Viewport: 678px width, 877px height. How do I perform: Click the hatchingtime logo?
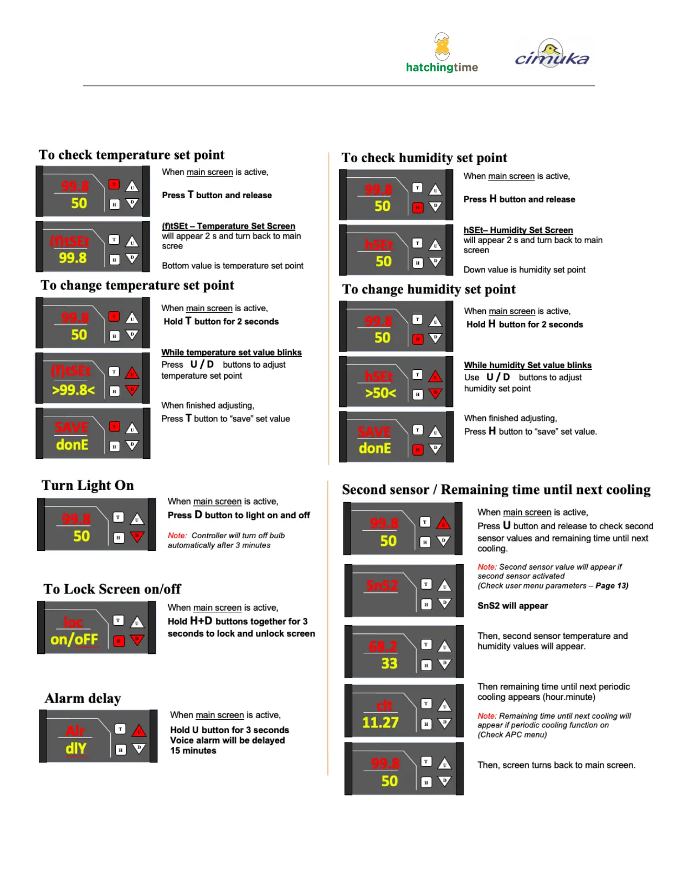pos(441,54)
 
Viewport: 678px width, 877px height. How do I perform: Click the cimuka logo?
pos(552,54)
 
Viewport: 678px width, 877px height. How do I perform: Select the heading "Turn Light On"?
pos(88,486)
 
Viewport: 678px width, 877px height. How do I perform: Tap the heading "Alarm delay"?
pos(83,699)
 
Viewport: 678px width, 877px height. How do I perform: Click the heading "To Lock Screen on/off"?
pos(112,589)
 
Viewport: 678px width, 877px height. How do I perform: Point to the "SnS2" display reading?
pos(382,586)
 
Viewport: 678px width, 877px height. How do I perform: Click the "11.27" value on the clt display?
pos(381,723)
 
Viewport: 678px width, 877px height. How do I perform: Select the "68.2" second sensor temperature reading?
pos(383,646)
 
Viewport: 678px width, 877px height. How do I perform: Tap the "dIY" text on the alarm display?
pos(76,749)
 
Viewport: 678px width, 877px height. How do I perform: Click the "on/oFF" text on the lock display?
pos(74,639)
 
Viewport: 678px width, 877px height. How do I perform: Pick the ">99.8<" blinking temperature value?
pos(73,390)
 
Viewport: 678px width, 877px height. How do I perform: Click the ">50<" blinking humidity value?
pos(381,393)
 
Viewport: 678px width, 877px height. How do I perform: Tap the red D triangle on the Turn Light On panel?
pos(137,536)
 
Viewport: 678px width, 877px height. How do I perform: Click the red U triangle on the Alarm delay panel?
pos(139,731)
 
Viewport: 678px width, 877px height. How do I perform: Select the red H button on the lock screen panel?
pos(119,641)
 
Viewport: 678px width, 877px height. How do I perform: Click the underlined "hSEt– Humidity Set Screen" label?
pos(518,230)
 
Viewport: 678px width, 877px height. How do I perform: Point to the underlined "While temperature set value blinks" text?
pos(232,353)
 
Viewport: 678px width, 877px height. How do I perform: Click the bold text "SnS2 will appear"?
pos(512,606)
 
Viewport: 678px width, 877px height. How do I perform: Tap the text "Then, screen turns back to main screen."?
pos(556,765)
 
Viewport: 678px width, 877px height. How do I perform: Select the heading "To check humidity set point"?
pos(424,158)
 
